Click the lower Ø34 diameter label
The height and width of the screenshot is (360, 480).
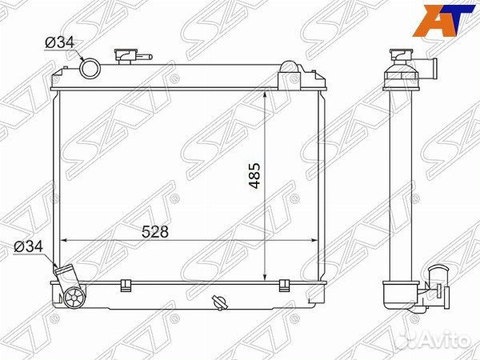click(30, 246)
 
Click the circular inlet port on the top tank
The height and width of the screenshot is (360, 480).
click(90, 70)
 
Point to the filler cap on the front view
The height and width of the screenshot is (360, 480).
click(128, 56)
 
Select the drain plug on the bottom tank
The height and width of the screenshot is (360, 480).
click(219, 302)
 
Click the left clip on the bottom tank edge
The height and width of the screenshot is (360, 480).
click(125, 284)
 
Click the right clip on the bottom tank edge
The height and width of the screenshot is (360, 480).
click(283, 284)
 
